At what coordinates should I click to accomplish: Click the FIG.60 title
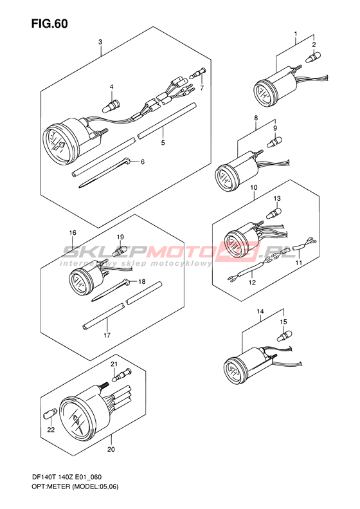(50, 24)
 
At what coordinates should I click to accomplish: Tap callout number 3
(100, 42)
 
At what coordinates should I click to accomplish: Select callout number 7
(202, 88)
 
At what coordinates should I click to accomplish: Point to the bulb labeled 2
(312, 59)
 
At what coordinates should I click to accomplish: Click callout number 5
(163, 142)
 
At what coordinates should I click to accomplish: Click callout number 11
(299, 263)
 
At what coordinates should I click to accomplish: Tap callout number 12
(252, 282)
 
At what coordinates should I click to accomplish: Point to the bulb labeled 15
(284, 335)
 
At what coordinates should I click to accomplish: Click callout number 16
(73, 232)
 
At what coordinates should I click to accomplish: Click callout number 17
(107, 335)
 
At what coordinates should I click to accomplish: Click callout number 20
(111, 450)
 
